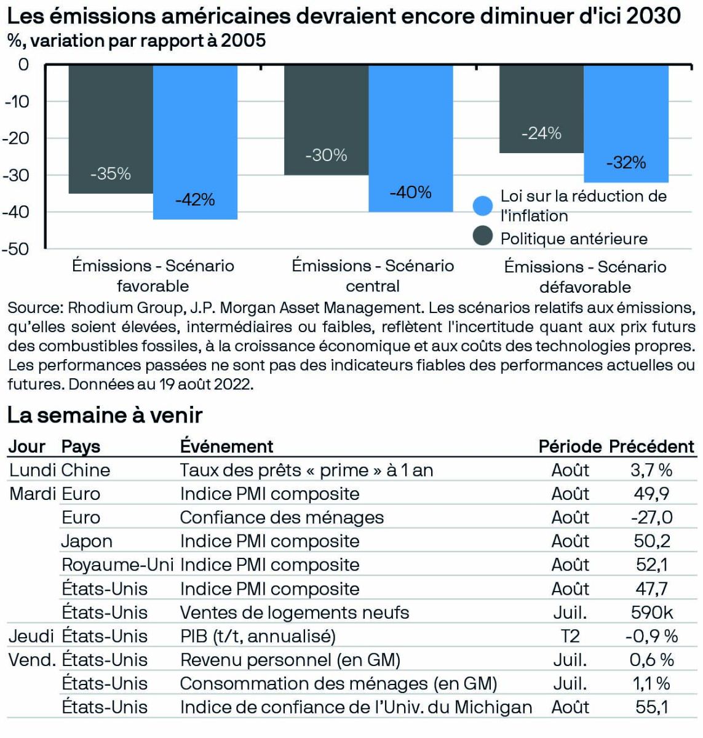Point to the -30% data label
(326, 155)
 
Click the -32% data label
(626, 162)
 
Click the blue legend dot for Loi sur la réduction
(483, 205)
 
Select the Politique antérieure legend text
(573, 239)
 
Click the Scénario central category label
(373, 276)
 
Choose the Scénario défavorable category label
(585, 277)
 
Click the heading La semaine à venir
(105, 415)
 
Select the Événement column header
(226, 446)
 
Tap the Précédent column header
(651, 446)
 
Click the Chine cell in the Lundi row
(85, 470)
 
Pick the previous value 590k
(651, 612)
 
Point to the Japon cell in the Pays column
(87, 541)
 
